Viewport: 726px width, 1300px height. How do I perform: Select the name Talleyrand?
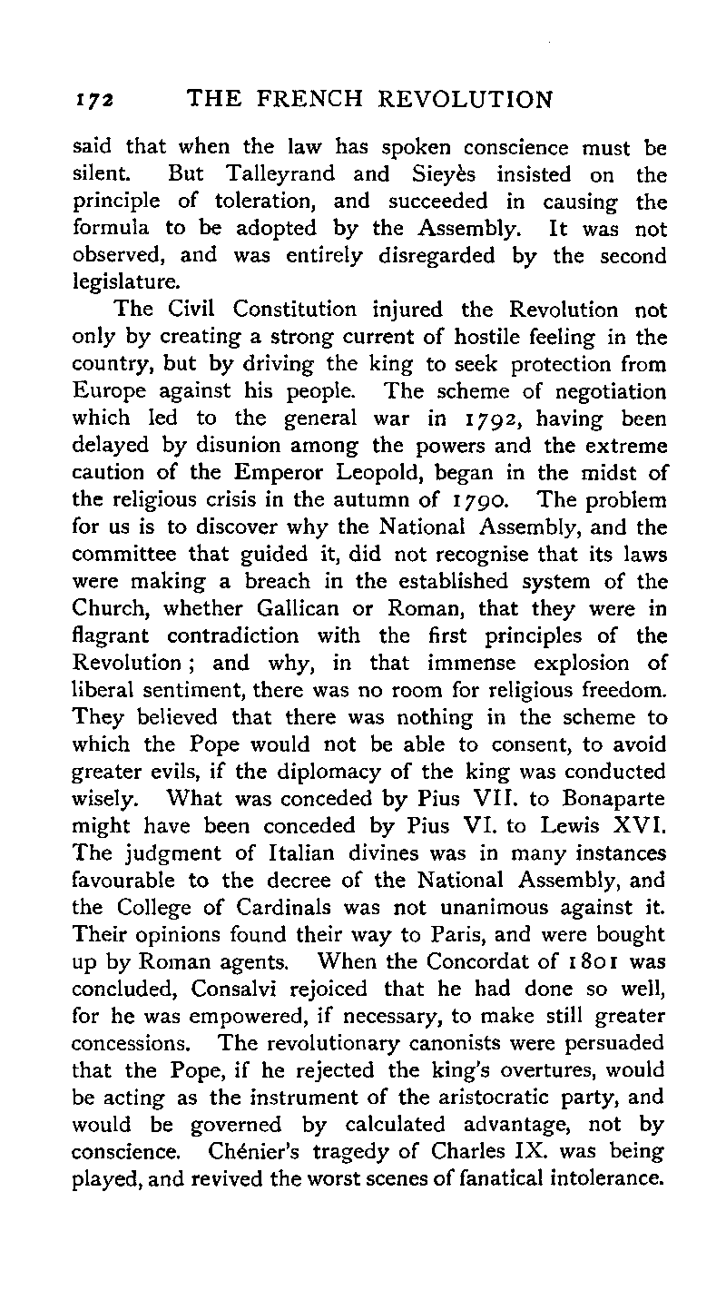(x=279, y=174)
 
